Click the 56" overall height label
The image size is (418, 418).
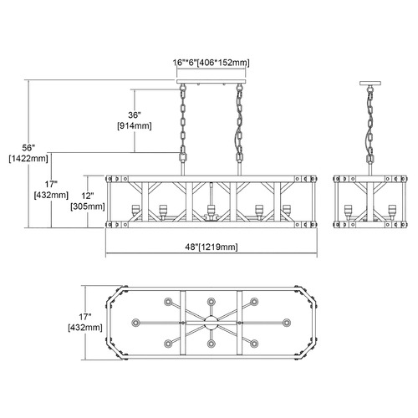[28, 148]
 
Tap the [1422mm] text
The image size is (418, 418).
[28, 159]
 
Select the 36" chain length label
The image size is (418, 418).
[135, 115]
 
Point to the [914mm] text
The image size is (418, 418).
[135, 126]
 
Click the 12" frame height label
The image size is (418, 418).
[87, 196]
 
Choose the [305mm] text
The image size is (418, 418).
[88, 206]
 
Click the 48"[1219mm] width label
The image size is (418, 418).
[212, 247]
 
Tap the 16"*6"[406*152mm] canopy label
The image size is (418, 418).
[212, 63]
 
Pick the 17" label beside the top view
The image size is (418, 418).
[85, 317]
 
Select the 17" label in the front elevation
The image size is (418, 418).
[51, 184]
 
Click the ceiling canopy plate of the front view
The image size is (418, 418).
[212, 82]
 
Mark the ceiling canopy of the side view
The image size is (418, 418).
[370, 83]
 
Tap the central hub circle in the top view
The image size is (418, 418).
[211, 323]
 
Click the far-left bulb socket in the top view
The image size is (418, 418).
[135, 323]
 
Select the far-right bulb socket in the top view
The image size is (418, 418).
[287, 323]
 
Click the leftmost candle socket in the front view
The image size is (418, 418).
[135, 211]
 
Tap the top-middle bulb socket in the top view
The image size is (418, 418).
[211, 302]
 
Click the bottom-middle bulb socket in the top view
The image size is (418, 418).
[211, 344]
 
